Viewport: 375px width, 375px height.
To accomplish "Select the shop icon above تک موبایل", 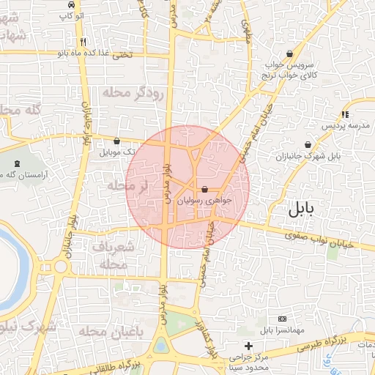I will (116, 141).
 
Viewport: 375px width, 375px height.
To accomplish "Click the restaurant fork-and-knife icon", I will (84, 42).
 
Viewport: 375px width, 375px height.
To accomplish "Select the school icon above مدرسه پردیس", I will (344, 114).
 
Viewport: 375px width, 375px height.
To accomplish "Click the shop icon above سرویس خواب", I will (290, 53).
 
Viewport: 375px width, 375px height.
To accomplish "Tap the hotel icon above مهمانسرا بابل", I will (283, 319).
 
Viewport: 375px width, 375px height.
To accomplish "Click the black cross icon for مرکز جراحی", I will (248, 345).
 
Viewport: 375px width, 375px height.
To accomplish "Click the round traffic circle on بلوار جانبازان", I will (59, 265).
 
